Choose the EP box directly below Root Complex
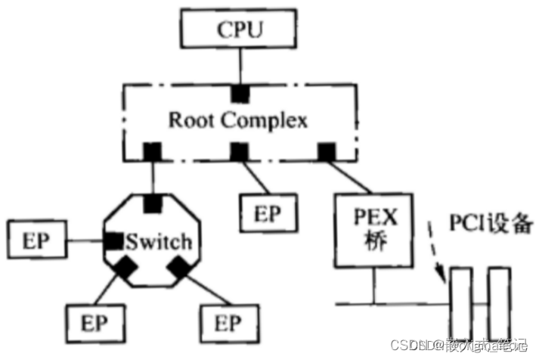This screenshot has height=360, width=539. pyautogui.click(x=268, y=213)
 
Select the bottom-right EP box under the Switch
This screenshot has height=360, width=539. pyautogui.click(x=224, y=324)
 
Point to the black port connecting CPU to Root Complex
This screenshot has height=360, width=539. pyautogui.click(x=240, y=94)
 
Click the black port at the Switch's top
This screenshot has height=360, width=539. pyautogui.click(x=153, y=203)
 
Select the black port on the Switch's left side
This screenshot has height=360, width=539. pyautogui.click(x=113, y=242)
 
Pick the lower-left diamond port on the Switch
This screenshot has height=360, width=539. pyautogui.click(x=125, y=267)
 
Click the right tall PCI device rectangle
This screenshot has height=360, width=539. pyautogui.click(x=498, y=303)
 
